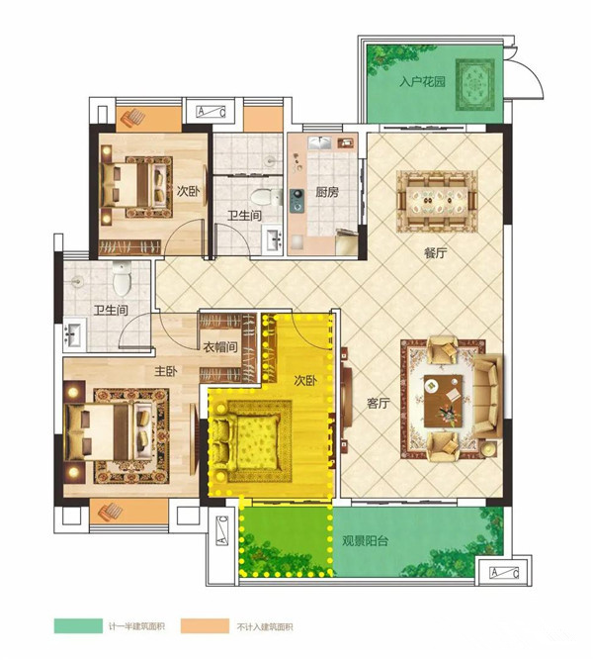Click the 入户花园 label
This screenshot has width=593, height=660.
[422, 81]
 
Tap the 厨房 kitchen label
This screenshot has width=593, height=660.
[327, 192]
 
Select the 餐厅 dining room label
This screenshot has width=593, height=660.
[435, 253]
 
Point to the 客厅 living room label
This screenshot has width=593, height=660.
[379, 404]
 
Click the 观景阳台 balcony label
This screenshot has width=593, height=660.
[365, 541]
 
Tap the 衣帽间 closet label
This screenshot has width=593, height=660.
[220, 347]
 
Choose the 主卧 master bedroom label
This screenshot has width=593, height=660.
[166, 371]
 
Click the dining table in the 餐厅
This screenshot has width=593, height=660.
[437, 201]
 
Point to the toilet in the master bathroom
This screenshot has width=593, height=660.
[122, 278]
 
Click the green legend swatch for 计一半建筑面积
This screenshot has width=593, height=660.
[78, 625]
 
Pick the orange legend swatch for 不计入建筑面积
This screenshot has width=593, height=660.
[206, 625]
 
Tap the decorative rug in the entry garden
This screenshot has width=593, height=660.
[475, 85]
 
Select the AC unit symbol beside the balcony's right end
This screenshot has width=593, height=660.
[504, 573]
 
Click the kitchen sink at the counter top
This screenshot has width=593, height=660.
[319, 143]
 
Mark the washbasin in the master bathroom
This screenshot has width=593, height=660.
[74, 334]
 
